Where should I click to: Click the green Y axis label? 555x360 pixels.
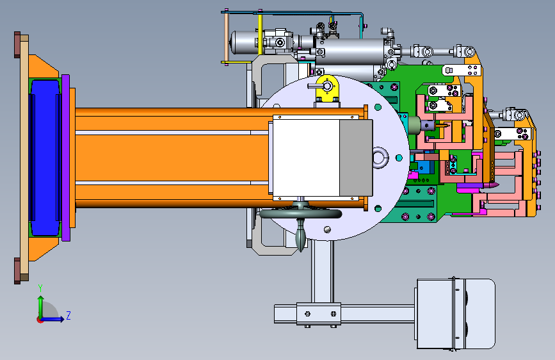tap(40, 288)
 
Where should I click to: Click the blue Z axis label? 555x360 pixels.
tap(68, 315)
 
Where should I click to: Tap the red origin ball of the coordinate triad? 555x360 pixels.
tap(40, 320)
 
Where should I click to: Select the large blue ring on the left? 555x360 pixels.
tap(45, 158)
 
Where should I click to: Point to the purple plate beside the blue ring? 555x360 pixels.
tap(65, 158)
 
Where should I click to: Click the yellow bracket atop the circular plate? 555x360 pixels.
tap(327, 88)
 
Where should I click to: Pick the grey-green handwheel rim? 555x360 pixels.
tap(300, 214)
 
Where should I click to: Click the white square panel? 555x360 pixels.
tap(306, 158)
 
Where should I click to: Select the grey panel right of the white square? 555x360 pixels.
tap(356, 158)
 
